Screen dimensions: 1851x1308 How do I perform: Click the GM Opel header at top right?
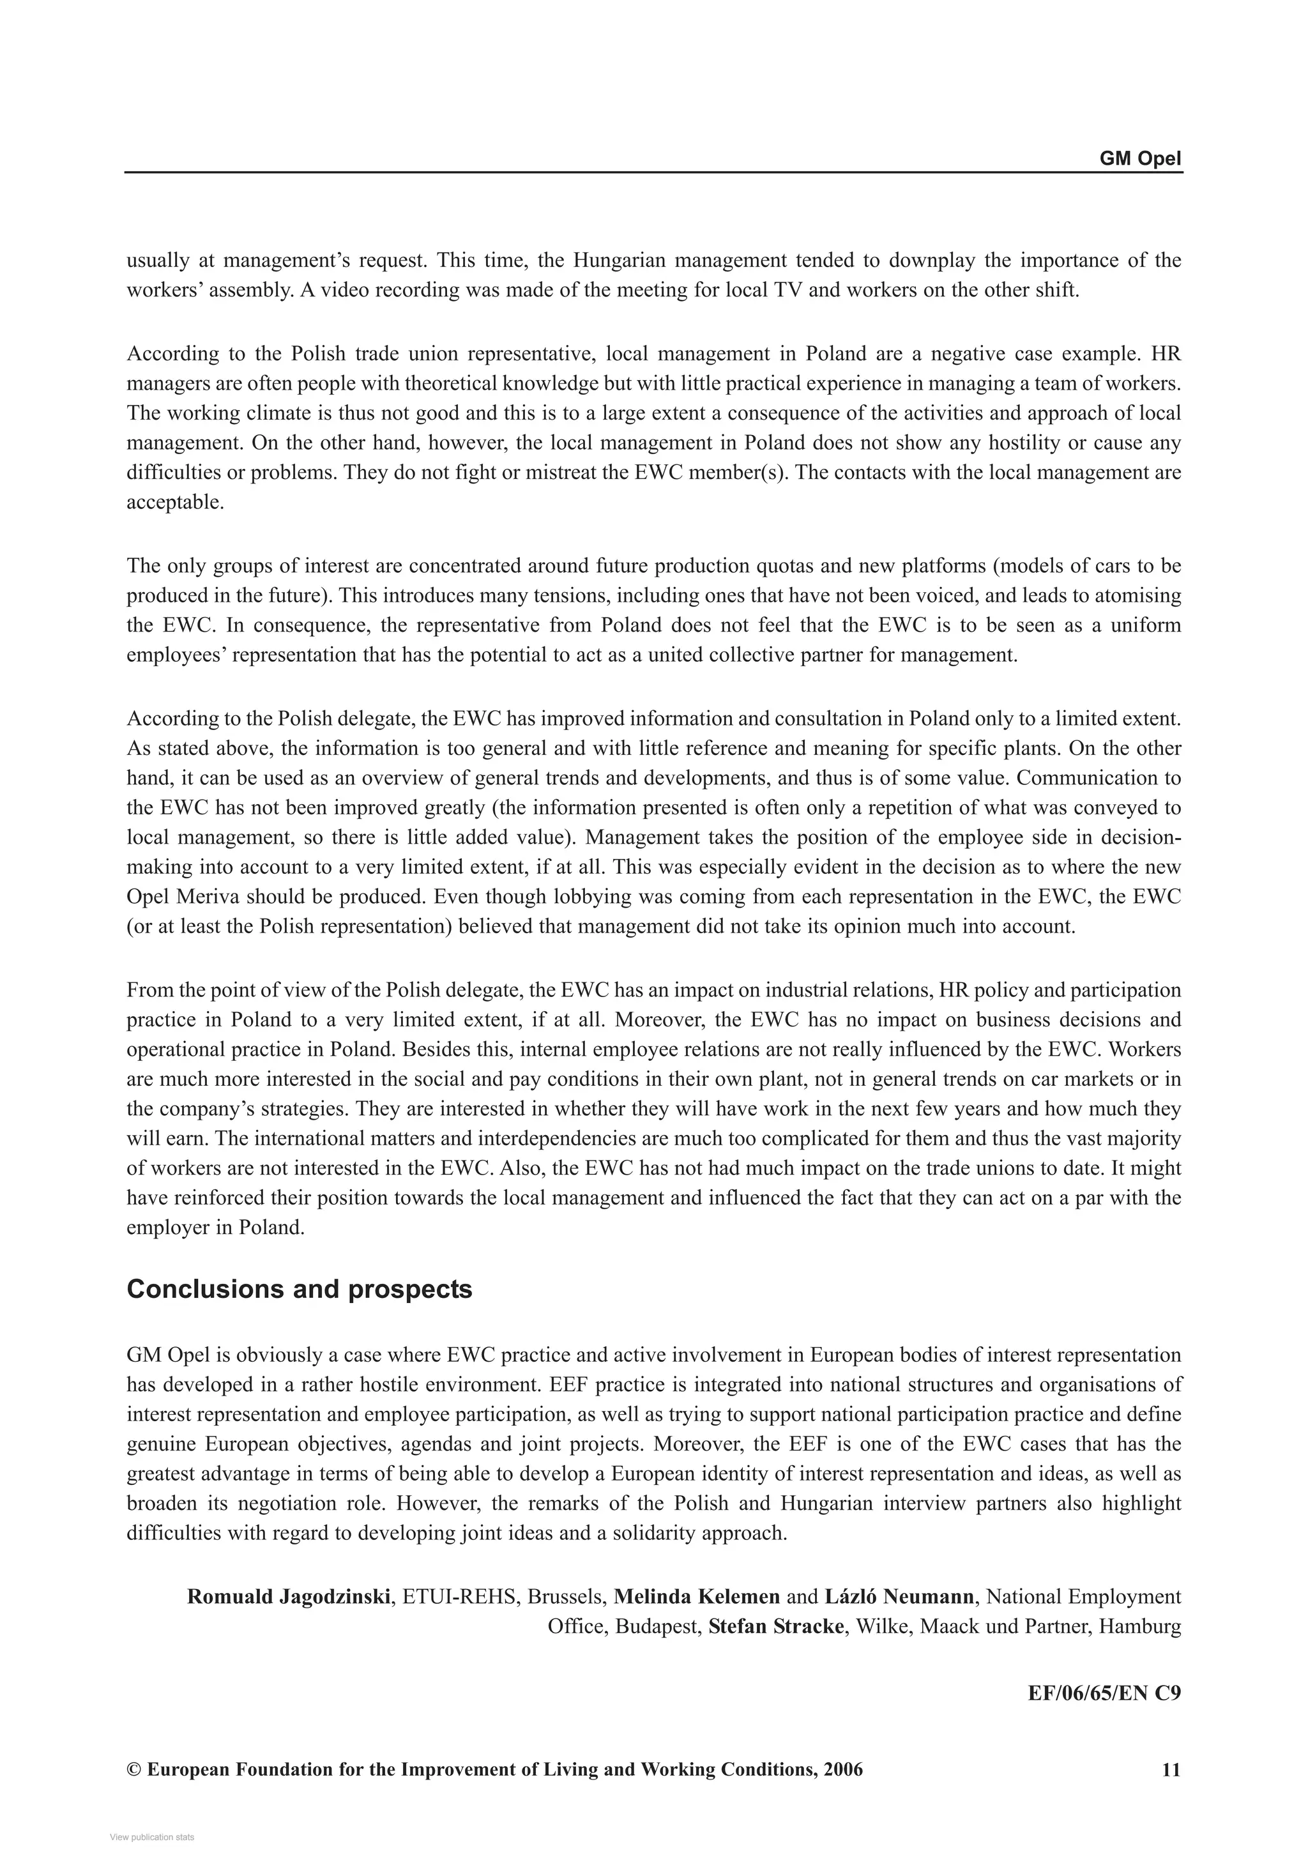(1139, 159)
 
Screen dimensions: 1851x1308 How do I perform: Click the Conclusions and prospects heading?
(299, 1289)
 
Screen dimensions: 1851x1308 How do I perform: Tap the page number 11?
(1171, 1770)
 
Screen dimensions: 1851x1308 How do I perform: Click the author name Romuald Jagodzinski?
(289, 1596)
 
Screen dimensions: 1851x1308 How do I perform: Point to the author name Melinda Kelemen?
(696, 1596)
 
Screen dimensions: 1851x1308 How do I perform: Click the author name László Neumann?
(900, 1596)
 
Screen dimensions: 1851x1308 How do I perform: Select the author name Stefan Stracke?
(775, 1626)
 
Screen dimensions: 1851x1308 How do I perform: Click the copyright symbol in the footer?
(133, 1770)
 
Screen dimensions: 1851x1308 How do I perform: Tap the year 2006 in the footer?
(843, 1770)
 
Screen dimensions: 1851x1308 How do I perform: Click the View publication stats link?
(151, 1838)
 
